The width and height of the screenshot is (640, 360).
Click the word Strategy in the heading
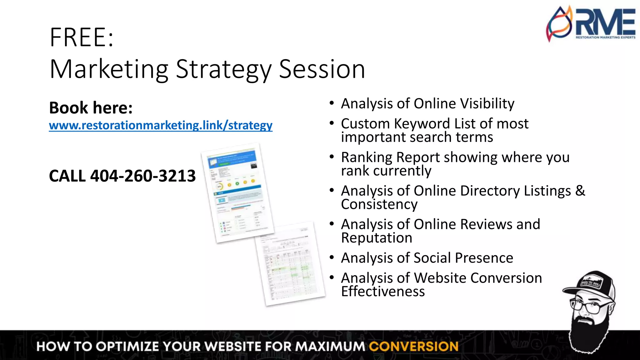pyautogui.click(x=223, y=69)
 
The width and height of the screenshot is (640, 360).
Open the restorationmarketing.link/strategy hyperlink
pyautogui.click(x=161, y=125)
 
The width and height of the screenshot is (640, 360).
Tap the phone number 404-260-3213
pyautogui.click(x=143, y=176)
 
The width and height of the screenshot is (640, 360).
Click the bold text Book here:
pyautogui.click(x=91, y=108)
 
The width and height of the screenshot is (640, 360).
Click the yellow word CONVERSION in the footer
pyautogui.click(x=413, y=347)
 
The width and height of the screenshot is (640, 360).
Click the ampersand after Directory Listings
pyautogui.click(x=580, y=191)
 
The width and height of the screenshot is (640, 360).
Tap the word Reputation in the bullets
pyautogui.click(x=377, y=238)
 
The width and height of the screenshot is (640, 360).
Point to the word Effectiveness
pyautogui.click(x=383, y=292)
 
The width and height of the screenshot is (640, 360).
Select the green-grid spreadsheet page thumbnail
pyautogui.click(x=289, y=264)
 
